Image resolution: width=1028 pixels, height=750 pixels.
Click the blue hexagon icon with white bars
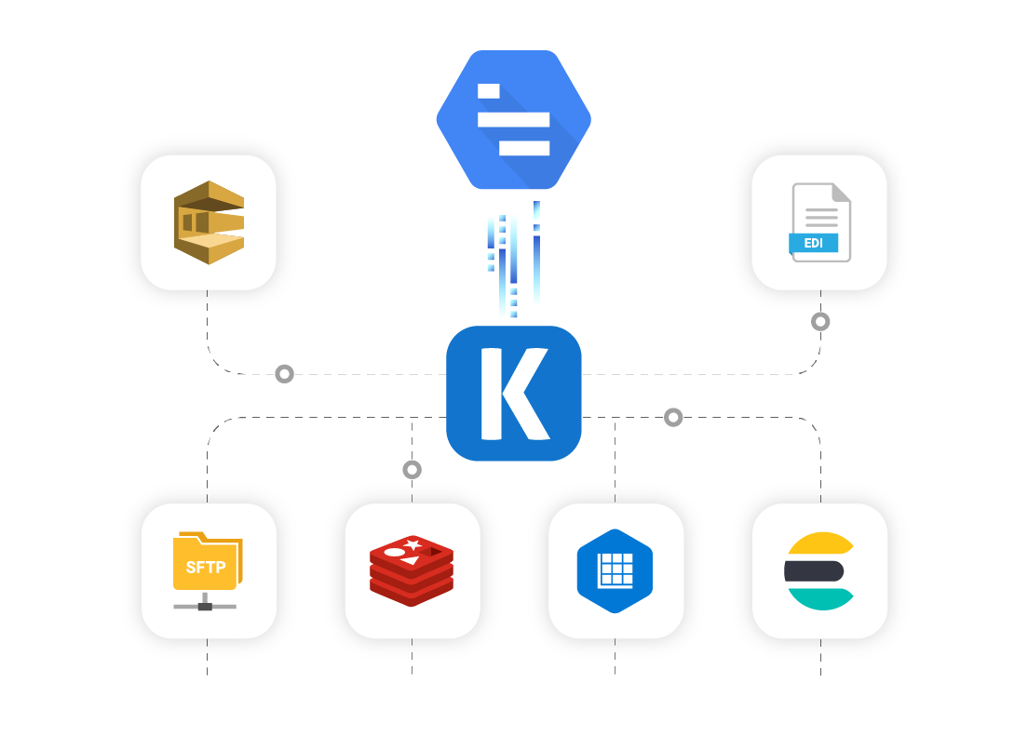pyautogui.click(x=514, y=120)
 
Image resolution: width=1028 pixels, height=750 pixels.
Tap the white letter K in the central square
pyautogui.click(x=515, y=393)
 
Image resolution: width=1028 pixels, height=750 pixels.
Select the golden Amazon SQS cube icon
pyautogui.click(x=210, y=222)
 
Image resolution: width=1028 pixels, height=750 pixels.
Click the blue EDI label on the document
pyautogui.click(x=813, y=243)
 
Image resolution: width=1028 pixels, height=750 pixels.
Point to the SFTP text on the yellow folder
pyautogui.click(x=205, y=568)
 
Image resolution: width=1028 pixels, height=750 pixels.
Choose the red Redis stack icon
pyautogui.click(x=412, y=570)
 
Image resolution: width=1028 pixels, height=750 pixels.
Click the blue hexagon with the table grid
pyautogui.click(x=615, y=571)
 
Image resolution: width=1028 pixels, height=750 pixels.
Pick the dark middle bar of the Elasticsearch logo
pyautogui.click(x=814, y=571)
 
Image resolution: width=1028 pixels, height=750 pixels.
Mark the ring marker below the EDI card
pyautogui.click(x=820, y=322)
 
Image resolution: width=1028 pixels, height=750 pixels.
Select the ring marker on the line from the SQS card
pyautogui.click(x=285, y=374)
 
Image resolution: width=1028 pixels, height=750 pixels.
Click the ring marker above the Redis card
pyautogui.click(x=412, y=470)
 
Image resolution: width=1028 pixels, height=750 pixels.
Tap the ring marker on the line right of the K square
pyautogui.click(x=673, y=417)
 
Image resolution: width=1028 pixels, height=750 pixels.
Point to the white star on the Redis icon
pyautogui.click(x=413, y=544)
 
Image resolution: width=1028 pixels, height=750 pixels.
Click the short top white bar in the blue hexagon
pyautogui.click(x=489, y=91)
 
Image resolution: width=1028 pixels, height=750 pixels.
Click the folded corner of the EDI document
pyautogui.click(x=841, y=193)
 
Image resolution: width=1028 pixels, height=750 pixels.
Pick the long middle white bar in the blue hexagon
pyautogui.click(x=513, y=119)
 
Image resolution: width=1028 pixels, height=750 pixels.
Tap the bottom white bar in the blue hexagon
pyautogui.click(x=524, y=148)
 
